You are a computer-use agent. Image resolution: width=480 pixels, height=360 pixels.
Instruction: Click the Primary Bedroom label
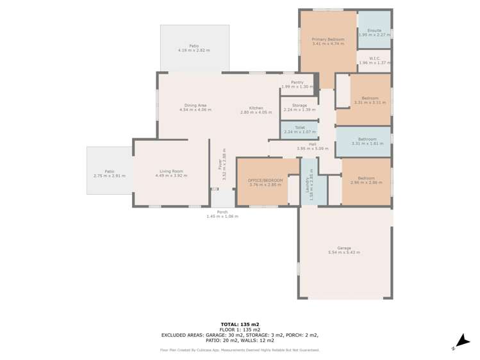pyautogui.click(x=327, y=40)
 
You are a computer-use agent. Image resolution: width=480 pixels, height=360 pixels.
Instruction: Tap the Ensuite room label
pyautogui.click(x=374, y=30)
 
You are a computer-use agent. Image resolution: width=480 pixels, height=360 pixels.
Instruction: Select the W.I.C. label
pyautogui.click(x=375, y=58)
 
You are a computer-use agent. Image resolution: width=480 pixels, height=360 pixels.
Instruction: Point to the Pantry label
pyautogui.click(x=297, y=82)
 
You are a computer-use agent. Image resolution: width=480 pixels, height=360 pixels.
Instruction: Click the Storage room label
pyautogui.click(x=299, y=105)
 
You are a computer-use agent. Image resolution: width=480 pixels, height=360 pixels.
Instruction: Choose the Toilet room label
pyautogui.click(x=299, y=127)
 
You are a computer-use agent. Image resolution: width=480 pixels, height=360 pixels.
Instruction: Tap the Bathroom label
pyautogui.click(x=367, y=139)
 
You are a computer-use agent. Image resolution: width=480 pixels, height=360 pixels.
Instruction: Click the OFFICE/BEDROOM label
pyautogui.click(x=265, y=180)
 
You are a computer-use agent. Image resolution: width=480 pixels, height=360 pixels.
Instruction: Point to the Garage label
pyautogui.click(x=344, y=248)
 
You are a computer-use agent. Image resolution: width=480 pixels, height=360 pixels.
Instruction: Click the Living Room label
pyautogui.click(x=171, y=171)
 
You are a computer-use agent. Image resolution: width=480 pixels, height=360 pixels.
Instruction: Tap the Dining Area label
pyautogui.click(x=195, y=105)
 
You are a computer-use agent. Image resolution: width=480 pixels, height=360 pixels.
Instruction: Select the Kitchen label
pyautogui.click(x=256, y=108)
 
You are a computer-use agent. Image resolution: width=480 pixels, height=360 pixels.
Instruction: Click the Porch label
pyautogui.click(x=222, y=212)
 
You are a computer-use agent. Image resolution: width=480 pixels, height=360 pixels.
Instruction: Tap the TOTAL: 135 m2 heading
pyautogui.click(x=240, y=324)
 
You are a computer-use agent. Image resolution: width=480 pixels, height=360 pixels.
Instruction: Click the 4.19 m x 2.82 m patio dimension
pyautogui.click(x=194, y=51)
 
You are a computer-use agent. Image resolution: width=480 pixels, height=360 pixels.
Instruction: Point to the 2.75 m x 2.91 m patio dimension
pyautogui.click(x=110, y=176)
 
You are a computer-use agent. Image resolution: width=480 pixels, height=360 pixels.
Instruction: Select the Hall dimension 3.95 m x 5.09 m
pyautogui.click(x=312, y=149)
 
